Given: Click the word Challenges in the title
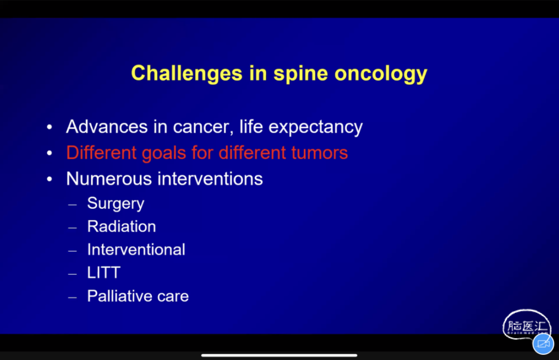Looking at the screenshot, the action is click(187, 74).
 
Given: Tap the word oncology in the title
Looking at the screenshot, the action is click(381, 74).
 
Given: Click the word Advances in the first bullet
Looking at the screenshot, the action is click(107, 127).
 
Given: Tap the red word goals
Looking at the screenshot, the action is click(164, 153).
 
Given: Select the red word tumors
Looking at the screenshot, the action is click(319, 153).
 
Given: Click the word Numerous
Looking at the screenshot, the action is click(109, 179).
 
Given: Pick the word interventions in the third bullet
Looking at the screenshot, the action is click(210, 179).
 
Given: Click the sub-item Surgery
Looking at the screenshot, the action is click(116, 204).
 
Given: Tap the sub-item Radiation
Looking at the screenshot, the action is click(122, 226).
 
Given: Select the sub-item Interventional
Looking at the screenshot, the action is click(136, 250).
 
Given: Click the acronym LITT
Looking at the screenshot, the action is click(104, 273).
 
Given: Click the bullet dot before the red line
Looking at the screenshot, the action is click(50, 153).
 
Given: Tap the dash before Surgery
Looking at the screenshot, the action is click(72, 205).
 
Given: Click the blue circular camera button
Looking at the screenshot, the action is click(543, 344).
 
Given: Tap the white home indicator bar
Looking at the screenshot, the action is click(279, 355).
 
